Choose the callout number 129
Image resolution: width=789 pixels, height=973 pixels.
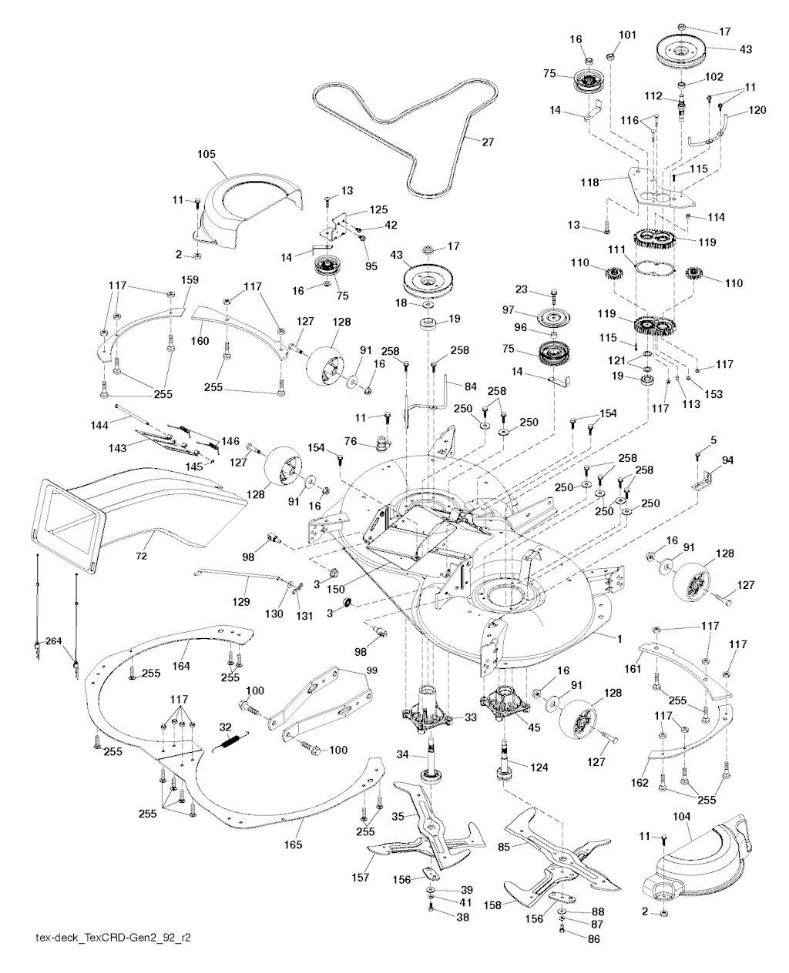point(241,602)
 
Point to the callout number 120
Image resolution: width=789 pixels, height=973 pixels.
point(757,111)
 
